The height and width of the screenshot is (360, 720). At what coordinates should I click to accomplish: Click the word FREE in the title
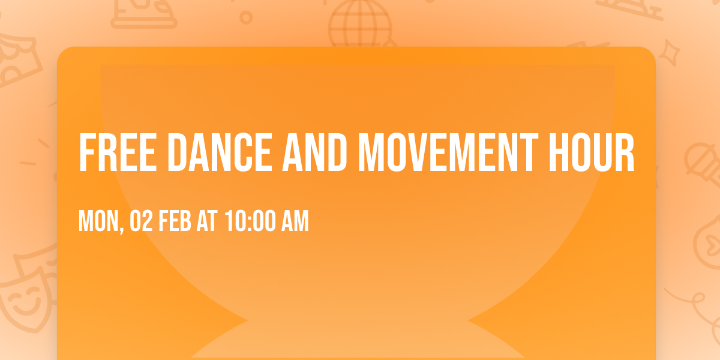tap(115, 152)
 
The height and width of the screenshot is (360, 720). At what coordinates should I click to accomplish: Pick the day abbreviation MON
tap(98, 221)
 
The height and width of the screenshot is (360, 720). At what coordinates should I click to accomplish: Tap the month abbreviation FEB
tap(176, 221)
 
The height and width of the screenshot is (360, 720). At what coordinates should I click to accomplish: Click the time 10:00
tap(250, 221)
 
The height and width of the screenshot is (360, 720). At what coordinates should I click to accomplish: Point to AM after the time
tap(295, 221)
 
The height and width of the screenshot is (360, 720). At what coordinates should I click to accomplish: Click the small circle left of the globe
tap(246, 17)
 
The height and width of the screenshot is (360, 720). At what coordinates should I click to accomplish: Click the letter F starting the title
tap(86, 152)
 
